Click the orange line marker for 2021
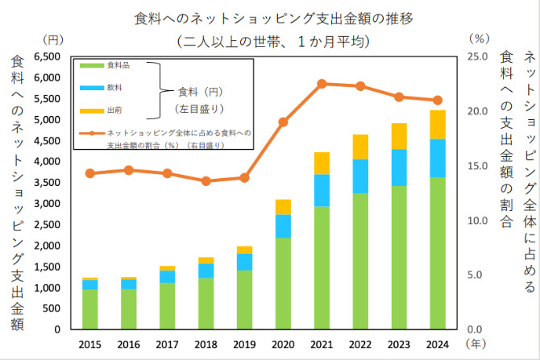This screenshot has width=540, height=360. coord(322,84)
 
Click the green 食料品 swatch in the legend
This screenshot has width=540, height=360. coord(90,65)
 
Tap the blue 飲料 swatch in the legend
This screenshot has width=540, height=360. coord(90,87)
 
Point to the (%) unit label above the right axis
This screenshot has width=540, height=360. coord(479,38)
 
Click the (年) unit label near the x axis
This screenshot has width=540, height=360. coord(478,342)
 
